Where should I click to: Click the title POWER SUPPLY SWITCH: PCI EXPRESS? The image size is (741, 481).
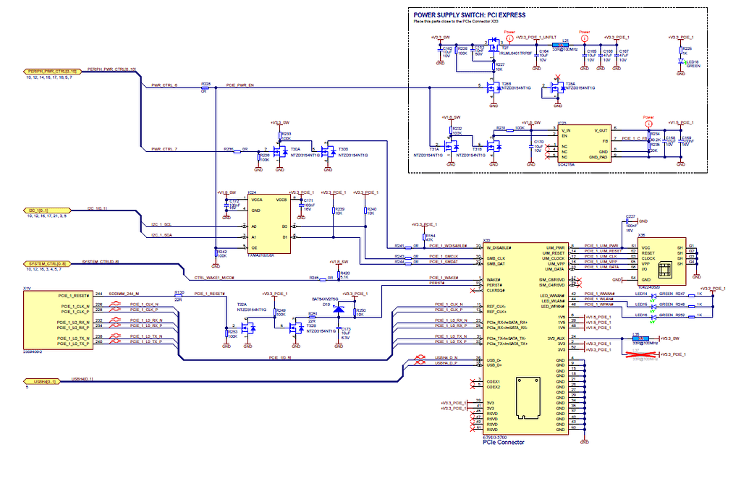tap(469, 15)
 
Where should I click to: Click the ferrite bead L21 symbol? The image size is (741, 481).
tap(566, 46)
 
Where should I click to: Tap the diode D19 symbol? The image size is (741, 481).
tap(337, 316)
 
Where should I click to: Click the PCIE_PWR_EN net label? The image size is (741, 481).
tap(240, 85)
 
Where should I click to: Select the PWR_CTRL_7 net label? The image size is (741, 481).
tap(164, 149)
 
